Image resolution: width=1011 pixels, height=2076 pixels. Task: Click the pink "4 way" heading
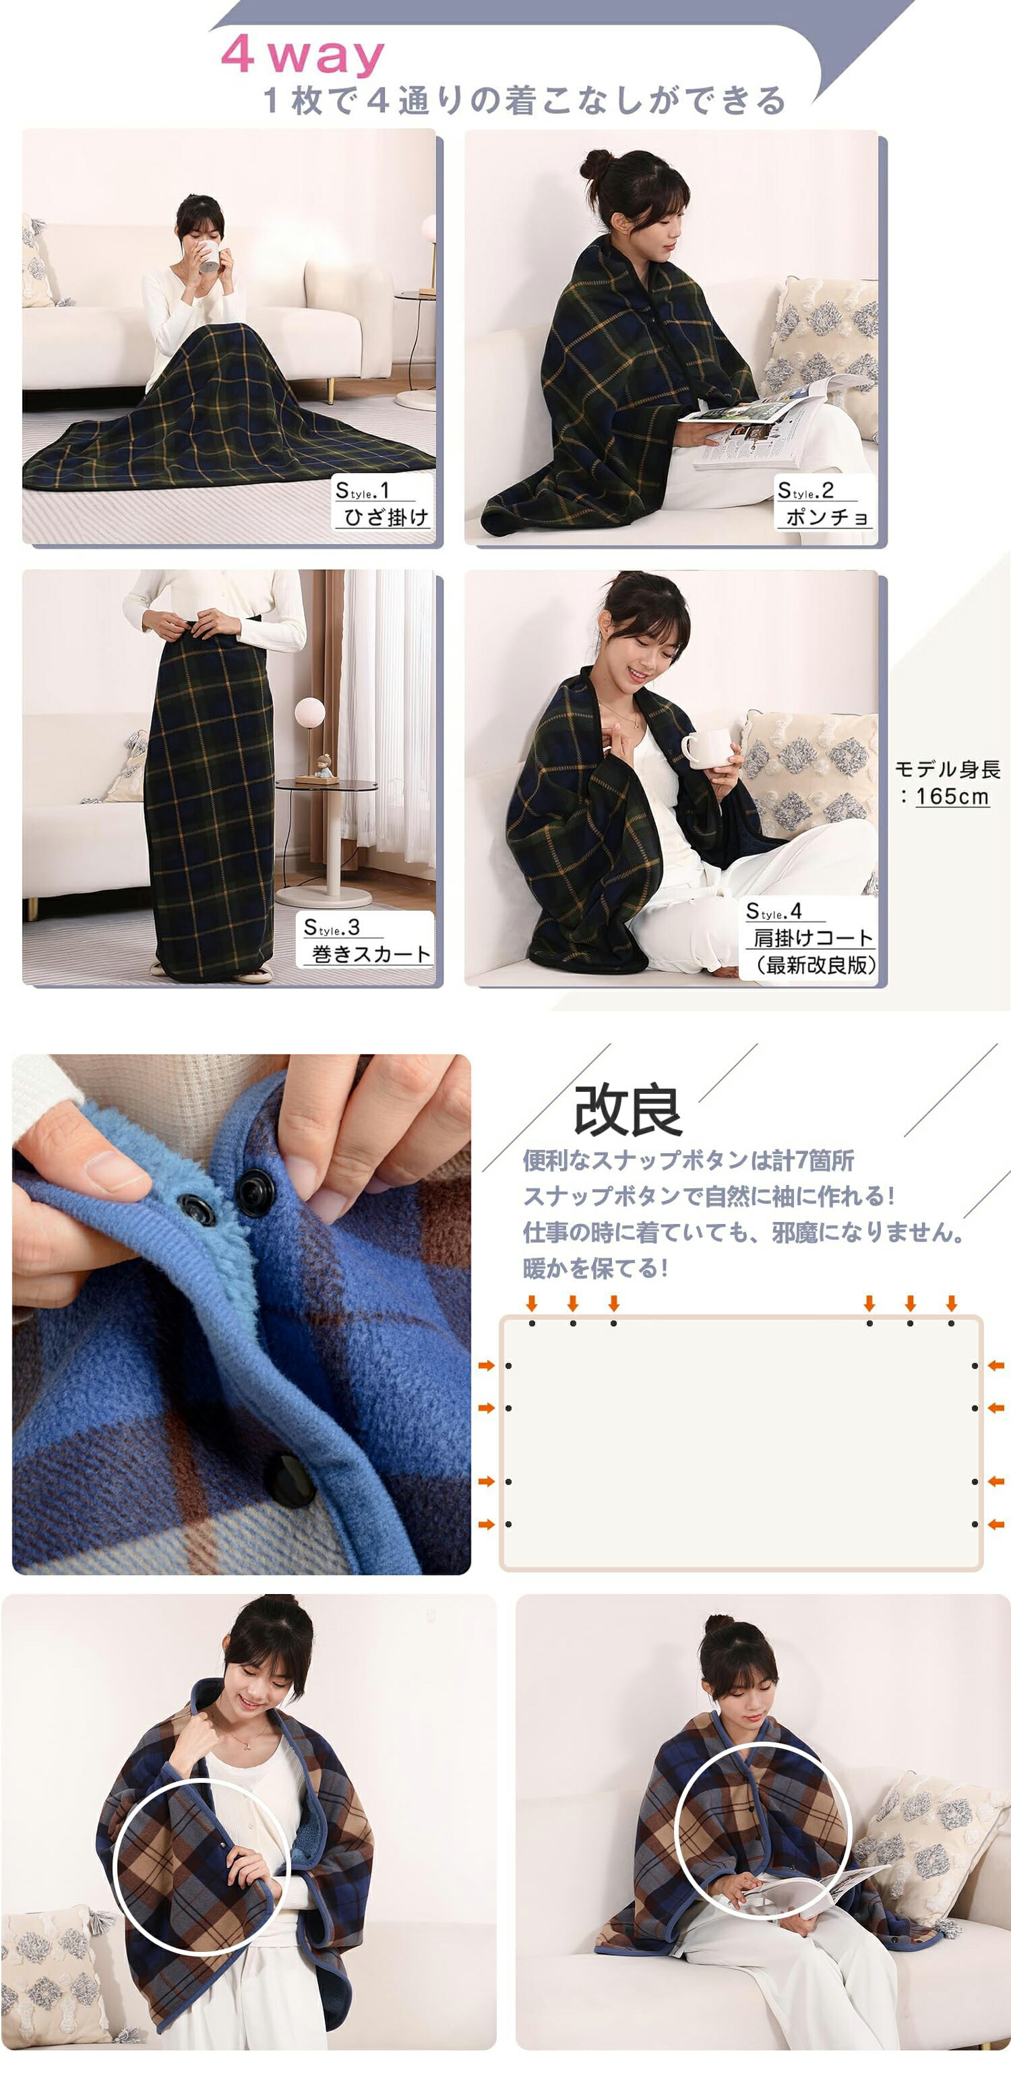point(302,55)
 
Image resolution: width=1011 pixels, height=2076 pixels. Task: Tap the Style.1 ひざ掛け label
point(383,503)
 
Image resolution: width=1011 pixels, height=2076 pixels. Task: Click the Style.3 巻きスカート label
point(367,940)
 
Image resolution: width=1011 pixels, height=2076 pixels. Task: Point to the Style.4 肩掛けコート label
point(809,938)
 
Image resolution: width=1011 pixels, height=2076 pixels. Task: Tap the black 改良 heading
point(628,1111)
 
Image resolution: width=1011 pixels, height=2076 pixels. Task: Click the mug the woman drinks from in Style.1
point(210,255)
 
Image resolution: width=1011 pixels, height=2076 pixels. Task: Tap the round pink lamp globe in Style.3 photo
point(309,713)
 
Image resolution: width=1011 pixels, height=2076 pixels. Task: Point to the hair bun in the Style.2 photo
point(596,164)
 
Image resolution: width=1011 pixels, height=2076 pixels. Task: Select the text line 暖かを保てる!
point(596,1269)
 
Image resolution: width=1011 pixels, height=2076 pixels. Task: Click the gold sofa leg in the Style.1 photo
point(330,390)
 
